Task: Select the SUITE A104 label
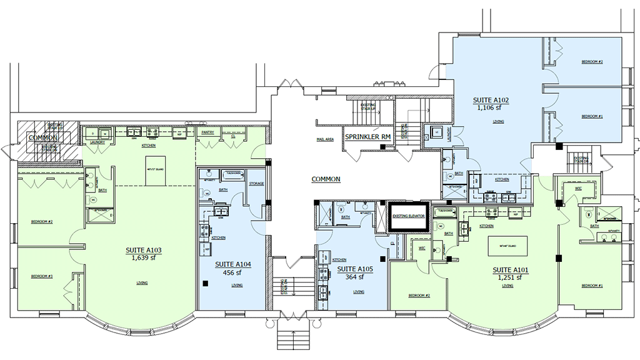tap(232, 264)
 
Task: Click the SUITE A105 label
tap(356, 269)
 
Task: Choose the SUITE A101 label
tap(511, 270)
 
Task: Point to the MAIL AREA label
tap(324, 139)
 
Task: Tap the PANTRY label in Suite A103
tap(207, 132)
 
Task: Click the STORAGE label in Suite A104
tap(256, 184)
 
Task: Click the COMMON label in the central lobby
tap(326, 179)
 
